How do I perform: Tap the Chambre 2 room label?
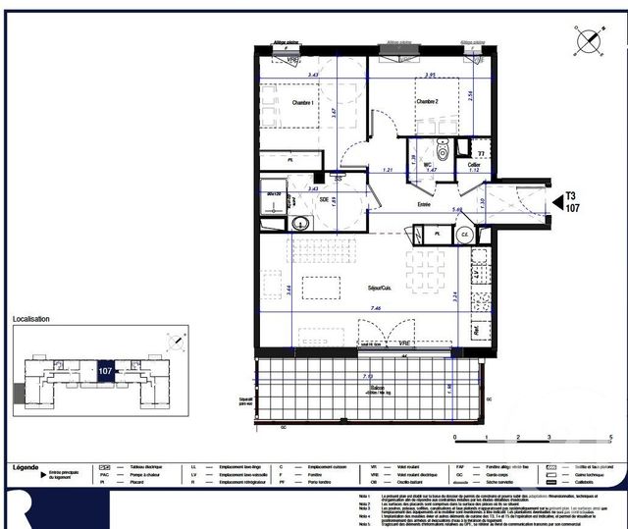[x=427, y=102]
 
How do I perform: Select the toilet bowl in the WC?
[x=444, y=152]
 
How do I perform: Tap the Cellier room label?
[x=474, y=165]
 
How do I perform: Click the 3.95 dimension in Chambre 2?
[x=428, y=76]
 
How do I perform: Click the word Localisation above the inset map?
[x=30, y=319]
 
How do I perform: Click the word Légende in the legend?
[x=27, y=467]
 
